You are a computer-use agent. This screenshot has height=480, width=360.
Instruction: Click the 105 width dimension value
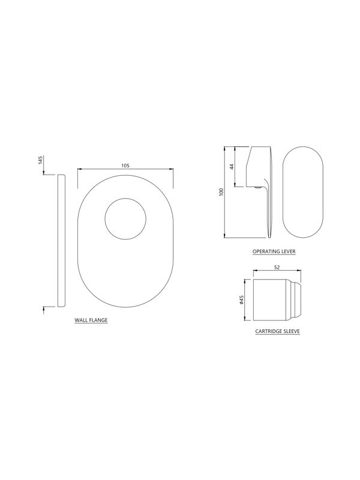tap(125, 166)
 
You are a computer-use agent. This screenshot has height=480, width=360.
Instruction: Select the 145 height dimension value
tap(41, 160)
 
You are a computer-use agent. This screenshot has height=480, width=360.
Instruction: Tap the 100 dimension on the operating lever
tap(222, 192)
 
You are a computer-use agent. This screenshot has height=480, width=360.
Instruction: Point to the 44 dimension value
tap(232, 167)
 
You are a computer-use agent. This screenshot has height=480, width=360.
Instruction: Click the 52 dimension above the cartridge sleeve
tap(277, 267)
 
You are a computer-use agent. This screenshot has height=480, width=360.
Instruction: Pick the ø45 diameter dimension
tap(241, 300)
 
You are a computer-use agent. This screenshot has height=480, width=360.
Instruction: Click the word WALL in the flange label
tap(80, 320)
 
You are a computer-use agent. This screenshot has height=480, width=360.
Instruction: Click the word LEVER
tap(289, 251)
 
